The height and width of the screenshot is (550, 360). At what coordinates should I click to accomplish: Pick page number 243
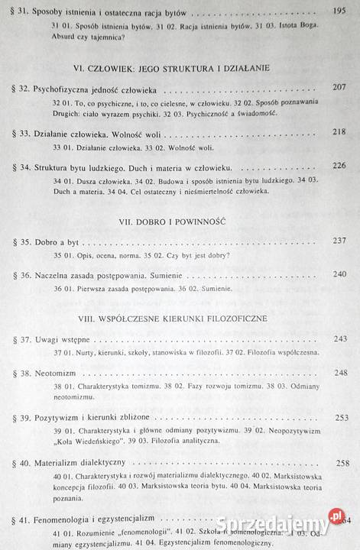[342, 338]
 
